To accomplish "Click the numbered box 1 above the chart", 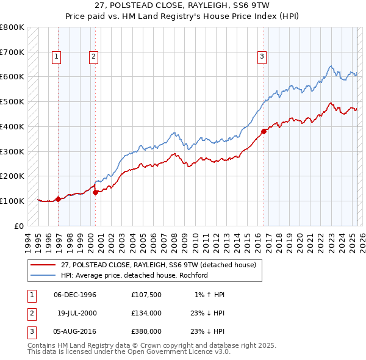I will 56,57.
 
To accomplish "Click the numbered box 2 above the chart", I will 93,57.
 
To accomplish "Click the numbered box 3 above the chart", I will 262,57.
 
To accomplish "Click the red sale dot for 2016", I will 264,131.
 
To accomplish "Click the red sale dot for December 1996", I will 59,199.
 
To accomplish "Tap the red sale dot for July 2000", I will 96,192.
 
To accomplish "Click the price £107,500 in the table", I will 146,295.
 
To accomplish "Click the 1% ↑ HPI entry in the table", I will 210,295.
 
